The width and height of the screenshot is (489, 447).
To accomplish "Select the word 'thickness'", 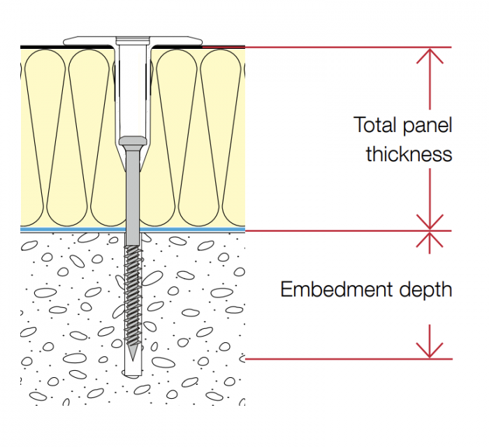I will [x=409, y=154].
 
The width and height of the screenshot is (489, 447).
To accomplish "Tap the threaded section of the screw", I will [x=132, y=293].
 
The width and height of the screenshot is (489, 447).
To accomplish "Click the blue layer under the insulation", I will [x=70, y=229].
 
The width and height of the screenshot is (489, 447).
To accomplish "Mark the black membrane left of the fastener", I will [x=63, y=46].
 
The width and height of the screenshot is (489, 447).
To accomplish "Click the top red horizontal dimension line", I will [x=349, y=47].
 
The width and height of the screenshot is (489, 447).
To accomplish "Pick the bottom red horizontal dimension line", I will [x=349, y=359].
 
